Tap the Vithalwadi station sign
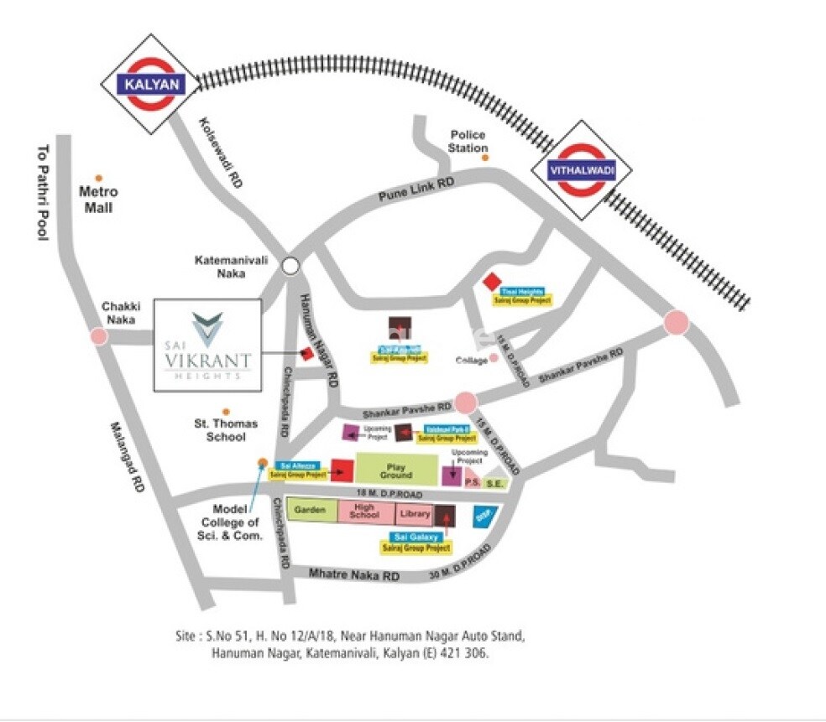coord(581,170)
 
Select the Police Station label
coord(468,141)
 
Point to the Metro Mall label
coord(99,200)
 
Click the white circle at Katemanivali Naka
coord(290,266)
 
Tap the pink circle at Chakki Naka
coord(99,336)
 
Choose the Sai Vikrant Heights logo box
coord(207,345)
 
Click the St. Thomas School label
coord(226,430)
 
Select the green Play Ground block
coord(397,470)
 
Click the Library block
coord(414,513)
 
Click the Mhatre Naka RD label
coord(354,575)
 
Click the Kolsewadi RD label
coord(221,151)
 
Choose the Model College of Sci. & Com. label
coord(238,522)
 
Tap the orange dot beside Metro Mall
coord(99,178)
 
